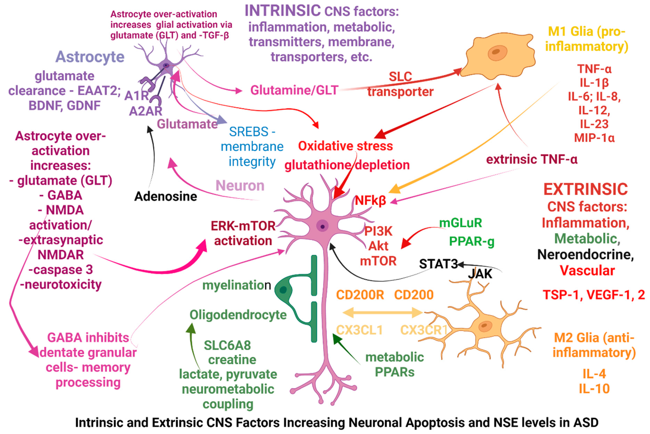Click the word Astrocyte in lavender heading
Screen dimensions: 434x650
click(x=90, y=57)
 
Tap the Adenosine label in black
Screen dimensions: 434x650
click(x=166, y=196)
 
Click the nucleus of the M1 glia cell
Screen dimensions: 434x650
click(x=497, y=52)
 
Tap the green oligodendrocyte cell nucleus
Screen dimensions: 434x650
click(x=283, y=290)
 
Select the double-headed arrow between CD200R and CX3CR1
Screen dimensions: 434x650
click(x=383, y=313)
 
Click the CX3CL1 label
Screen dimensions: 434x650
click(x=359, y=330)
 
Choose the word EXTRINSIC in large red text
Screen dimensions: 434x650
click(x=585, y=189)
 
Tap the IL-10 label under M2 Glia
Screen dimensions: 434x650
click(x=594, y=389)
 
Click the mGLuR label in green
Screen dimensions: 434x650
click(x=461, y=223)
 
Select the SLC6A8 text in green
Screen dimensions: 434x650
click(x=227, y=345)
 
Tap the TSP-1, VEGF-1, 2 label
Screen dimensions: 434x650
click(x=594, y=295)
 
